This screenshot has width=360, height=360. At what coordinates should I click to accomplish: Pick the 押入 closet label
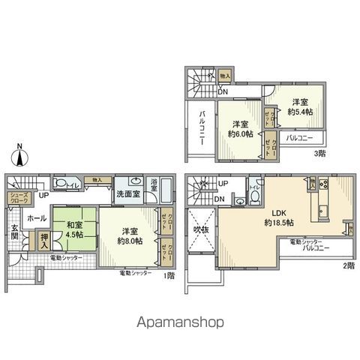pyautogui.click(x=44, y=242)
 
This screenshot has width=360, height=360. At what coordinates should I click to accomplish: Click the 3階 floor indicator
pyautogui.click(x=319, y=153)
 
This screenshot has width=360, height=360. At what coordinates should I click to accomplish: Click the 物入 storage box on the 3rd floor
pyautogui.click(x=225, y=76)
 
